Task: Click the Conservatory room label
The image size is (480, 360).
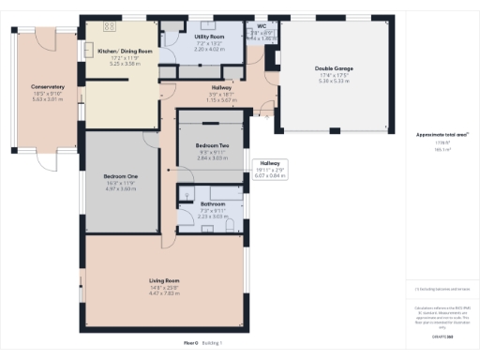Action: tap(47, 87)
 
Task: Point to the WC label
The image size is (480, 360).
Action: tap(262, 27)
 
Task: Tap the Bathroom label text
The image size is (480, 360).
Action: tap(213, 203)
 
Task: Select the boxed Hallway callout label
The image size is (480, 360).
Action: tap(268, 163)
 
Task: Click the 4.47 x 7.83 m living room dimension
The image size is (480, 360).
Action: tap(164, 292)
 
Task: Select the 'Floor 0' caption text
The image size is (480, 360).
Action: tap(190, 343)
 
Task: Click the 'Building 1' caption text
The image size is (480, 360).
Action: tap(214, 343)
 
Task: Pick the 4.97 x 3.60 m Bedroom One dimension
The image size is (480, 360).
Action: tap(120, 189)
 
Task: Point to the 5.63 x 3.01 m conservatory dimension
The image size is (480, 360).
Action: tap(47, 99)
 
